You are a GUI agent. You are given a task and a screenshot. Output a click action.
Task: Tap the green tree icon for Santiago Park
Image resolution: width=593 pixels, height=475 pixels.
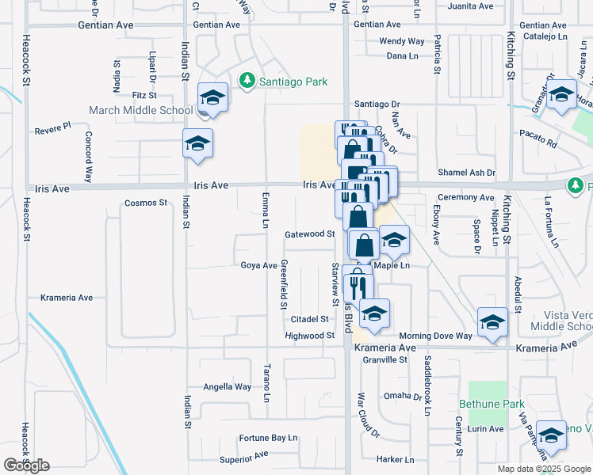247,80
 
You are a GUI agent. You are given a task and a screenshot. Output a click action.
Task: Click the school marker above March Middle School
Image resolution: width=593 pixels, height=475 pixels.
212,98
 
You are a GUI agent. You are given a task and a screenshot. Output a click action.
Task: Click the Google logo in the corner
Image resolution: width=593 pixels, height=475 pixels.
26,465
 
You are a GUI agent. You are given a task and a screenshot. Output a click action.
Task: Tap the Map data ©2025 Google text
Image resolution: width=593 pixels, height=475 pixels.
543,469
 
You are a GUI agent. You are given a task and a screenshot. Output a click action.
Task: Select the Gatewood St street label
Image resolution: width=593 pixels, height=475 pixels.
310,234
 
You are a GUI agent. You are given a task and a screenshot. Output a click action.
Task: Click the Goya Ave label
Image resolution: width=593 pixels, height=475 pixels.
258,266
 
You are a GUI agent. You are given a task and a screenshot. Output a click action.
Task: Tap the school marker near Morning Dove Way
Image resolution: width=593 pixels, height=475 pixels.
492,322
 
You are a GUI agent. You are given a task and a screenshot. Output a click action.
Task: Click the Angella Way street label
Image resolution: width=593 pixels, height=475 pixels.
228,387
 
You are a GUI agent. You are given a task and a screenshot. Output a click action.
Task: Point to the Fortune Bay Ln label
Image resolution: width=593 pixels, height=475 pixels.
268,438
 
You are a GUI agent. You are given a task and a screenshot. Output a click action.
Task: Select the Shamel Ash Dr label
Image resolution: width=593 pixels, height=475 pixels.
466,173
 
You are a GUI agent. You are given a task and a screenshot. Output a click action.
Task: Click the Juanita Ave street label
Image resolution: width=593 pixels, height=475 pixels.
470,6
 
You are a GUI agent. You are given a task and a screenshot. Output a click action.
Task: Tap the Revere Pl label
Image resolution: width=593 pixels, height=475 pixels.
53,126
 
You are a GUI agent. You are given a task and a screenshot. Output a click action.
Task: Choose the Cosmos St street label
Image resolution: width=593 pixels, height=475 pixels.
146,203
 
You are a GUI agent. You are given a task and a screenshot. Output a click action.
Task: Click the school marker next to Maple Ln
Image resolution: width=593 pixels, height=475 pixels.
393,241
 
